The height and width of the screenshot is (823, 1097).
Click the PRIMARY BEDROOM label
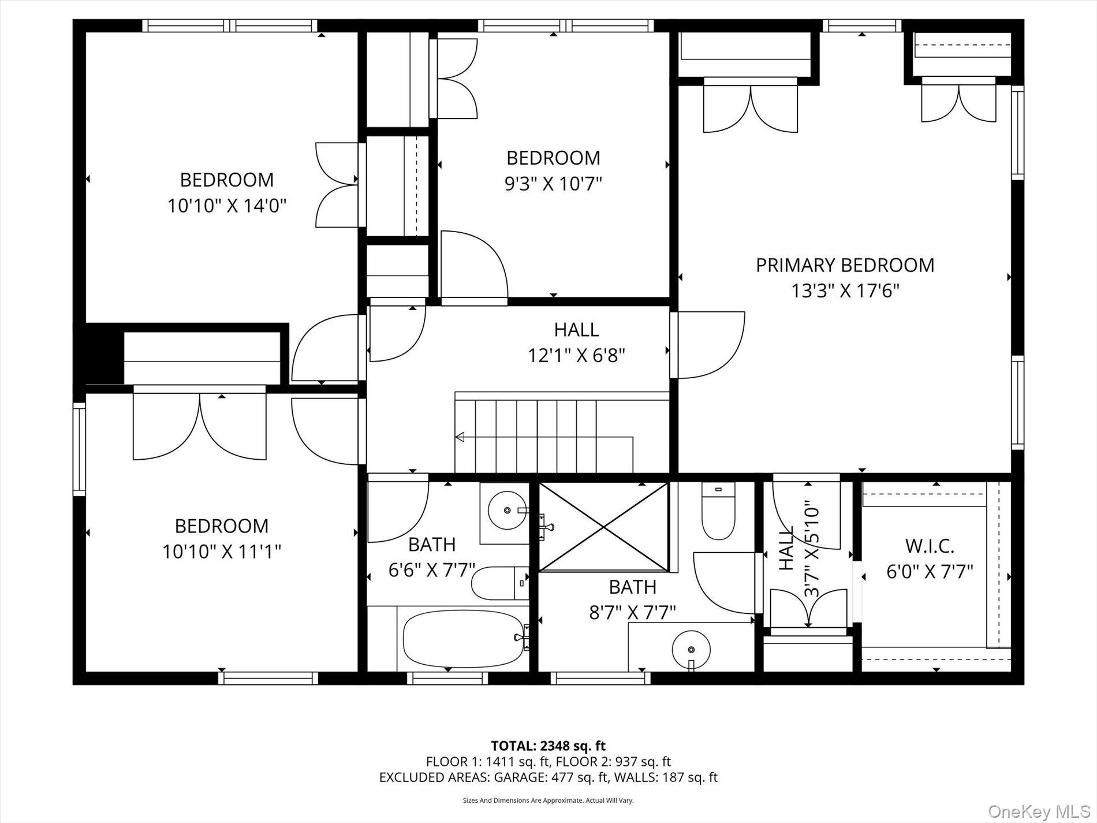(845, 265)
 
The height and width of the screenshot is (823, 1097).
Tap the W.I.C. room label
(929, 546)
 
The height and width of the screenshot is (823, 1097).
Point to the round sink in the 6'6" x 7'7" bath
(506, 510)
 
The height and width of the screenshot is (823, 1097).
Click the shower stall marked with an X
(603, 526)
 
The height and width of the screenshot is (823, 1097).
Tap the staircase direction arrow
(460, 437)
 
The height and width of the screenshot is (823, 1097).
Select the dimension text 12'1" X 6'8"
(576, 355)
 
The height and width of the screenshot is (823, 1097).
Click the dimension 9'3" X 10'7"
(553, 184)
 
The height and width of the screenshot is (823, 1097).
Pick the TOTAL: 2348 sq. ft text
(548, 746)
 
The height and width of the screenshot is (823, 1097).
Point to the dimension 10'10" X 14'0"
(227, 206)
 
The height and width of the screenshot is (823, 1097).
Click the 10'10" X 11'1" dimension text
(222, 552)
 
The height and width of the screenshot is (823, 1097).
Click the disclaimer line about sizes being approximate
(548, 800)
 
